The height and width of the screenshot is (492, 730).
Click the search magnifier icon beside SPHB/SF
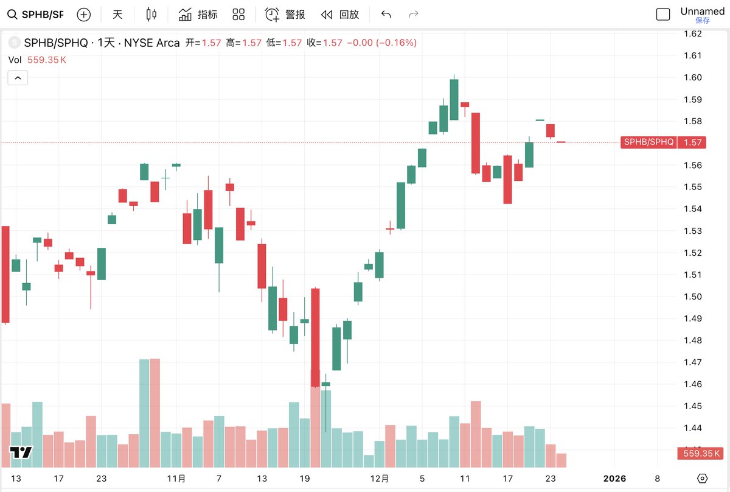coord(12,15)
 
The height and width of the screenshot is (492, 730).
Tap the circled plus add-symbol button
coord(84,15)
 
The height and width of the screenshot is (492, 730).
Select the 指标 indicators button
coord(198,15)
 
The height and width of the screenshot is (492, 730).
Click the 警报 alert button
coord(285,15)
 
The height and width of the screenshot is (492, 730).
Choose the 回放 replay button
coord(340,15)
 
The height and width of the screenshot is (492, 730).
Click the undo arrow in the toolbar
coord(386,15)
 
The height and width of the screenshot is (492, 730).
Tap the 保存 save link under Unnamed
coord(702,21)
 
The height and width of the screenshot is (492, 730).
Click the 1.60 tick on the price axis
coord(692,77)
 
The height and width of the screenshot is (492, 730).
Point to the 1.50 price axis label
coord(692,297)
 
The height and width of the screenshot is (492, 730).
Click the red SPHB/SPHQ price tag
coord(648,142)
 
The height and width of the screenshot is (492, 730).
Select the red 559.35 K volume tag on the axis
coord(700,453)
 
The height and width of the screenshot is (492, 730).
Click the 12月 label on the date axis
coord(380,479)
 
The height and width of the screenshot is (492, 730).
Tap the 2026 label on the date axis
coord(614,479)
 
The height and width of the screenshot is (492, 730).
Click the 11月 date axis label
coord(176,479)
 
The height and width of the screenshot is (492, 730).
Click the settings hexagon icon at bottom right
coord(702,479)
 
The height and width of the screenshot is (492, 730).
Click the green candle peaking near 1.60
coord(454,99)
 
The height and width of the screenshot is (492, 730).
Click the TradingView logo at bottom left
coord(21,452)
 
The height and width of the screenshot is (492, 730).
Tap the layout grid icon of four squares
coord(238,15)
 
